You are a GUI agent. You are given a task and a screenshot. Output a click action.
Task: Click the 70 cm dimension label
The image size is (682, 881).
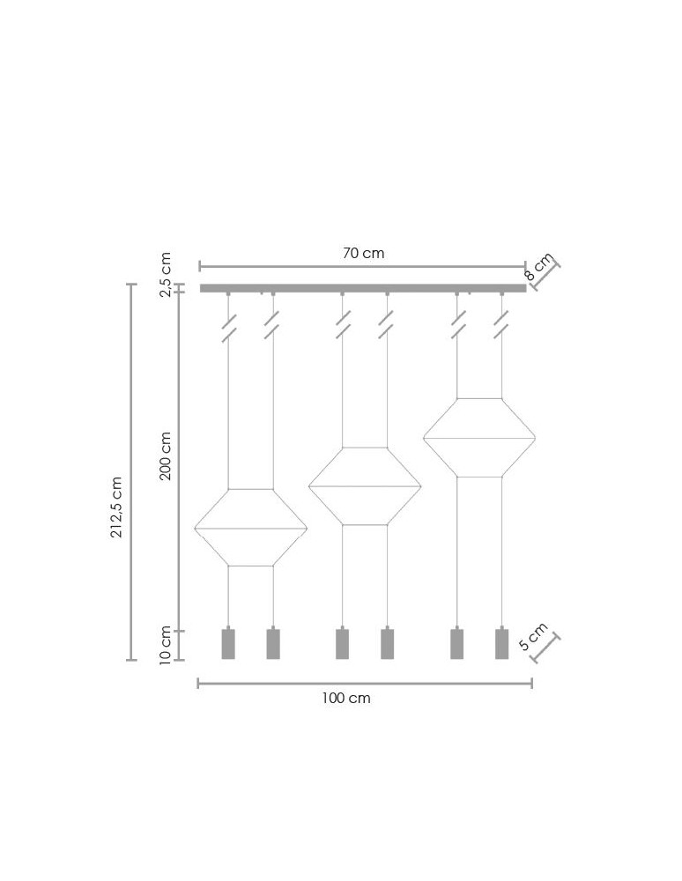coord(363,254)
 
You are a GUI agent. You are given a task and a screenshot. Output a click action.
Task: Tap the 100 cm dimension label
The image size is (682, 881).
coord(346,698)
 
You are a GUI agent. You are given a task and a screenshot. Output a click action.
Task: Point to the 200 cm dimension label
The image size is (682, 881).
coord(165,455)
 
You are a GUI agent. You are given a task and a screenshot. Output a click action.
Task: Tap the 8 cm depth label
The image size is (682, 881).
coord(539,265)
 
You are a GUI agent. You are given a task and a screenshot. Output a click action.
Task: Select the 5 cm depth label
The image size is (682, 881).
coord(533,636)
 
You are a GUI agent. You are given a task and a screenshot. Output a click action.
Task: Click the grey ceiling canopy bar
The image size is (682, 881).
coord(363,288)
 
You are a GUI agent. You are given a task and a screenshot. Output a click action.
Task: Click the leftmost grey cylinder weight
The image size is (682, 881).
coord(228,644)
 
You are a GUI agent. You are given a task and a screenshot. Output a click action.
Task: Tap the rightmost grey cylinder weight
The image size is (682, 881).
coord(501,644)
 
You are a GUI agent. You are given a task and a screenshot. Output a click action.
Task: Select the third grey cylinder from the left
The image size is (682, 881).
coord(342,644)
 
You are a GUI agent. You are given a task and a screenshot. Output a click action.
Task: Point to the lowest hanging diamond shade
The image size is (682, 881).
coord(251,528)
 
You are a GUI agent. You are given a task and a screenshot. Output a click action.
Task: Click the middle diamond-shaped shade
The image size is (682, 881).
coord(365,486)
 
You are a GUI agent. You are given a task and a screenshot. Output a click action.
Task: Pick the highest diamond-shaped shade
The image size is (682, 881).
coord(479,438)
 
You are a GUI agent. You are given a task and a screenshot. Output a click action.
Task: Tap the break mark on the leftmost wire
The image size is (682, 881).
coord(228,328)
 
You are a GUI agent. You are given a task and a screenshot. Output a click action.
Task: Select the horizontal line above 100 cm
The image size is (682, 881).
coord(365,683)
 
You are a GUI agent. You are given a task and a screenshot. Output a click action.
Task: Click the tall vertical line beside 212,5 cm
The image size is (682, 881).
coord(132,471)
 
